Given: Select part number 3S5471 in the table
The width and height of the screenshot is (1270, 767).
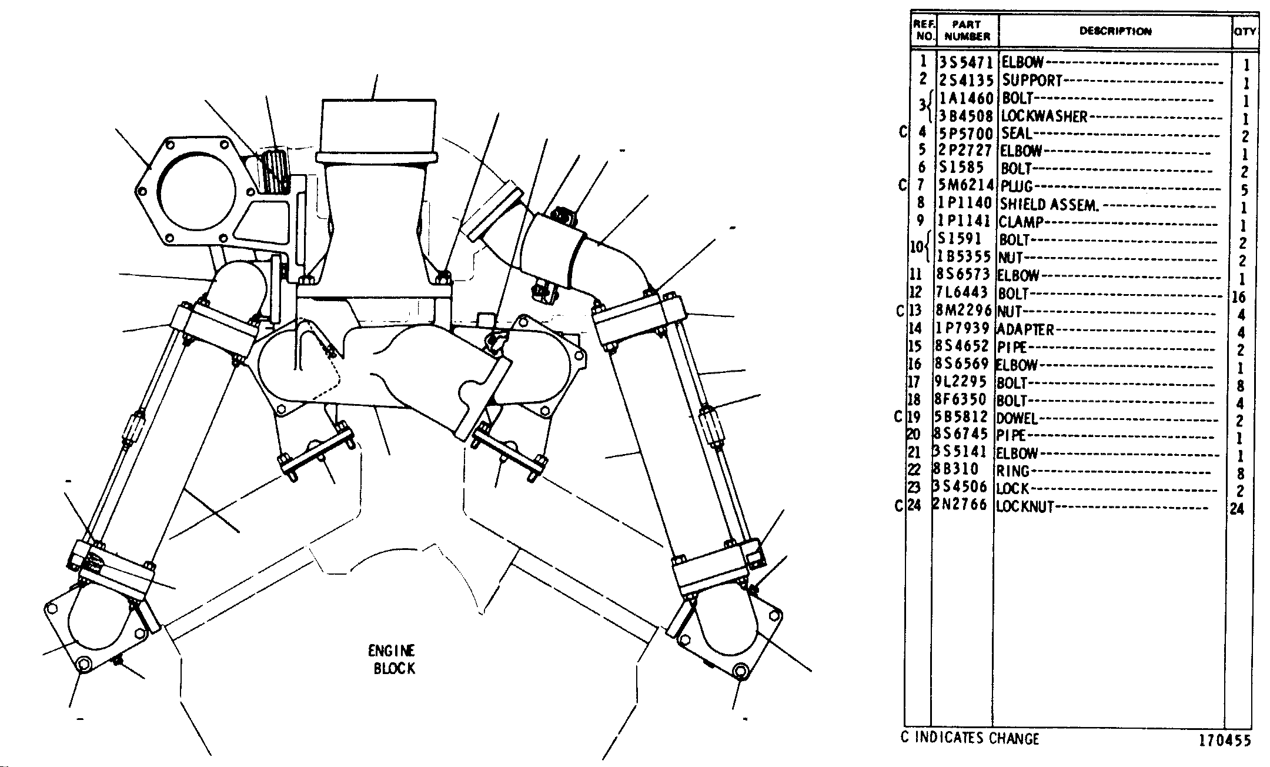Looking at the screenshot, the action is point(967,62).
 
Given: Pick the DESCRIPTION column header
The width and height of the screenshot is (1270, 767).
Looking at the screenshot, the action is point(1115,31).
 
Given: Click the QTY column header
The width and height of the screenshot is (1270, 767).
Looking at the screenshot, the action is point(1245,31).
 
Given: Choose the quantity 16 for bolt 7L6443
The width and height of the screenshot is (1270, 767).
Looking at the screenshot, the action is point(1239,297).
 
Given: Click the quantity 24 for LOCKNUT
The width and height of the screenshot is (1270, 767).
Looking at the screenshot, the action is point(1238,509).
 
